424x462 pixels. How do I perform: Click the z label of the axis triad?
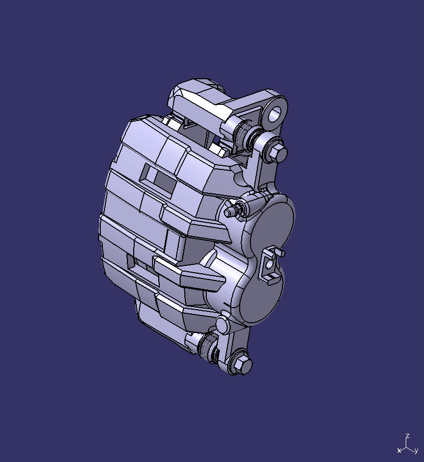tap(407, 436)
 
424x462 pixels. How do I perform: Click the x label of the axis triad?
tap(399, 450)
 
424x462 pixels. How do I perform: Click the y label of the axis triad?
tap(416, 450)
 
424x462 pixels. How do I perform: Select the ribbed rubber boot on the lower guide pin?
tap(207, 346)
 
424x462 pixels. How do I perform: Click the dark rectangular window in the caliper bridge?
tap(164, 180)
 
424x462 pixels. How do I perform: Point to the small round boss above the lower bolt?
tap(222, 324)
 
